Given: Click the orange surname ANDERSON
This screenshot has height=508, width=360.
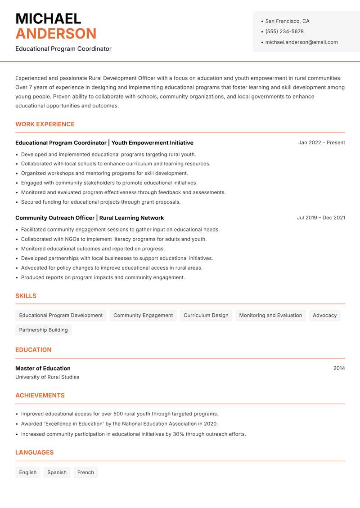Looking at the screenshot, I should coord(56,34).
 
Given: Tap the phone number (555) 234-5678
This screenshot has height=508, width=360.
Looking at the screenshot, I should coord(284,31).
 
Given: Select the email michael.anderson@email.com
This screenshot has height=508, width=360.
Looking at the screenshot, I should coord(301,42).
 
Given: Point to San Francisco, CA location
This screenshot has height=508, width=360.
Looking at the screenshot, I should coord(287,21).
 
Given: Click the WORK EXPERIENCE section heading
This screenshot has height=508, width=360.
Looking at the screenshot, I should coord(45,124).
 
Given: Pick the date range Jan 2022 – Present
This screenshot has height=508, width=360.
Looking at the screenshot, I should coord(321,143).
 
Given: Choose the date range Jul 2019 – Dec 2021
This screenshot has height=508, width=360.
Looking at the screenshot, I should coord(321,218).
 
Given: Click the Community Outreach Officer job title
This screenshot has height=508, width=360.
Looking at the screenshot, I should coord(55,218).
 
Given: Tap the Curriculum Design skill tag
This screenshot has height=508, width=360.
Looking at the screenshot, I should coord(206,315).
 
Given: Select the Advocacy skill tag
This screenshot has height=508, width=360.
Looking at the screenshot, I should coord(324,315).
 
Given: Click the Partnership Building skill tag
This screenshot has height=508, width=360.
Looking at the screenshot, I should coord(43,330).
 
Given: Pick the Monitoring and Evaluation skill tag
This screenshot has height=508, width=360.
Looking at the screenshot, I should coord(270,315).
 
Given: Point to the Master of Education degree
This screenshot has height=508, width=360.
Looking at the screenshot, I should coord(43,368).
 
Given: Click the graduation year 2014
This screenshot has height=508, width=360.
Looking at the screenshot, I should coord(339,368).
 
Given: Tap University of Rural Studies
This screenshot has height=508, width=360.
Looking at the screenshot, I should coord(47,377).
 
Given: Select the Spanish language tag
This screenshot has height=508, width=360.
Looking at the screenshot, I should coord(57,472).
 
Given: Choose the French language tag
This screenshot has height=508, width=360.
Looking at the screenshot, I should coord(85,472).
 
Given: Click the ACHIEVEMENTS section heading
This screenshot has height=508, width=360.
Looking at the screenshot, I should coord(40,395).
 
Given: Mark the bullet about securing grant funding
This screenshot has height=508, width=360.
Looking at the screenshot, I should coord(101,202).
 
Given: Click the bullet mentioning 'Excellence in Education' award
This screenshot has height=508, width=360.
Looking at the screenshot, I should coord(119,423).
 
